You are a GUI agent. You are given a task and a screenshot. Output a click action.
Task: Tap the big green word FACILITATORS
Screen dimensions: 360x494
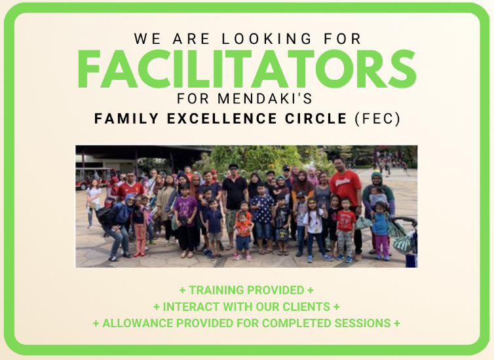[246, 69]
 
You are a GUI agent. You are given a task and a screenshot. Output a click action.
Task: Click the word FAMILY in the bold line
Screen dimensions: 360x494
[120, 119]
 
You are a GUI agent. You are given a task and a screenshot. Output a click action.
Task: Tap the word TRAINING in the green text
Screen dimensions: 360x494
[218, 290]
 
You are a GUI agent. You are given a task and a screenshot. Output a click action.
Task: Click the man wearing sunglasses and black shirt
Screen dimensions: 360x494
[234, 193]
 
